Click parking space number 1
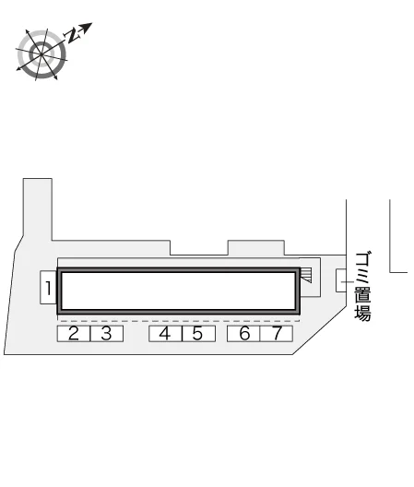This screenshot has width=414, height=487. pyautogui.click(x=48, y=288)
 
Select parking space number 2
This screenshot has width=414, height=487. pyautogui.click(x=74, y=334)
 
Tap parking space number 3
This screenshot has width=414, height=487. pyautogui.click(x=107, y=334)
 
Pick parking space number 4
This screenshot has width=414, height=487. pyautogui.click(x=165, y=334)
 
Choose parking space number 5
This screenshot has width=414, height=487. pyautogui.click(x=198, y=334)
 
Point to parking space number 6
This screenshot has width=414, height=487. pyautogui.click(x=243, y=334)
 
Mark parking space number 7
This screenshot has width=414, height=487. pyautogui.click(x=276, y=334)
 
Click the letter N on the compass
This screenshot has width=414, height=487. pyautogui.click(x=72, y=35)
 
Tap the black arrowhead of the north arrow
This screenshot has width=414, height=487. pyautogui.click(x=87, y=27)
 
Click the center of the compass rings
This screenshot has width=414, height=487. pyautogui.click(x=41, y=54)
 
